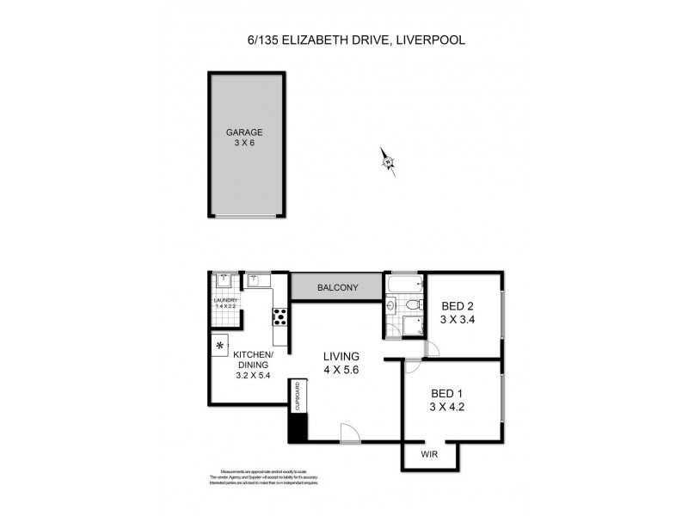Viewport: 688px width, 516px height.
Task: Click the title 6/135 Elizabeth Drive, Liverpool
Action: coord(343,40)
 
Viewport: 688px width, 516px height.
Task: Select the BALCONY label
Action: coord(336,288)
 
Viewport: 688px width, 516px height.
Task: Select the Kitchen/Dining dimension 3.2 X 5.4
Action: coord(254,375)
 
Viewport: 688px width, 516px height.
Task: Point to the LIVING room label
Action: coord(341,357)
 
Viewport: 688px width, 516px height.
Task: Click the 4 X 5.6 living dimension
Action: coord(341,372)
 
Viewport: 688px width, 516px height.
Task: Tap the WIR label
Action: coord(431,453)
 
